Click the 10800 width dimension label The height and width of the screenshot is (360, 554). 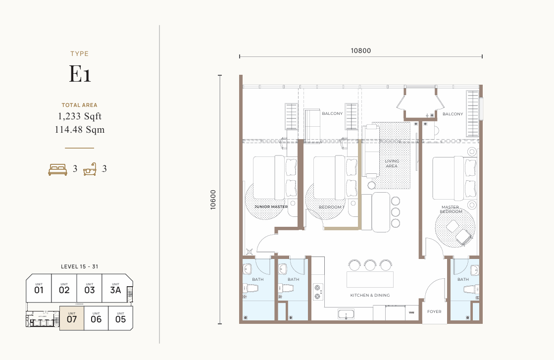360,50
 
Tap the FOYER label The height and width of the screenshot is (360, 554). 435,312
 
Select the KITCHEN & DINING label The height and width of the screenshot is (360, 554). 370,295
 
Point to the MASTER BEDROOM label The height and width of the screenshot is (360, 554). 450,209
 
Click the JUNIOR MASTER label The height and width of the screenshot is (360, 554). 271,207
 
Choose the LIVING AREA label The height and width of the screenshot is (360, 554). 392,163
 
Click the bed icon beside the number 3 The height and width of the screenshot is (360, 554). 57,169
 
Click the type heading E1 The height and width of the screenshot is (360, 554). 80,74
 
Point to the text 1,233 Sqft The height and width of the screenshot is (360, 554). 80,117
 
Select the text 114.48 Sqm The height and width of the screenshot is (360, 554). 80,130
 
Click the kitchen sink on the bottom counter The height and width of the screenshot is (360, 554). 346,313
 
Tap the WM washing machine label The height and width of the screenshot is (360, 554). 411,313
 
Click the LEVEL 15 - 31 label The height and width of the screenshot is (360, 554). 80,266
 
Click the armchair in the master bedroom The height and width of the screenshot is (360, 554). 463,237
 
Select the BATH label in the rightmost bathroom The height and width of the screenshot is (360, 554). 463,279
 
